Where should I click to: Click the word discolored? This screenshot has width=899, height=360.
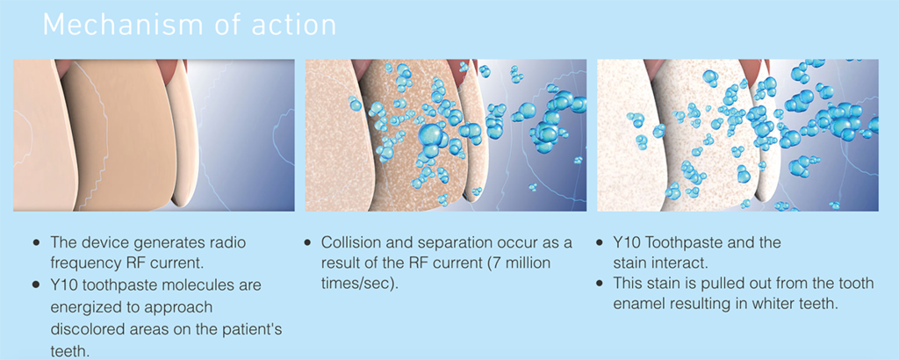click(x=84, y=328)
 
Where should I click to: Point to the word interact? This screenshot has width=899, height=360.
click(x=684, y=264)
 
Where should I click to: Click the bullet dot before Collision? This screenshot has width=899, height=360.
click(x=308, y=243)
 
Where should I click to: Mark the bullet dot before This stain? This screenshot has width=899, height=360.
click(x=600, y=284)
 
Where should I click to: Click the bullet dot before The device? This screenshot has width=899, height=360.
click(x=37, y=243)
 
